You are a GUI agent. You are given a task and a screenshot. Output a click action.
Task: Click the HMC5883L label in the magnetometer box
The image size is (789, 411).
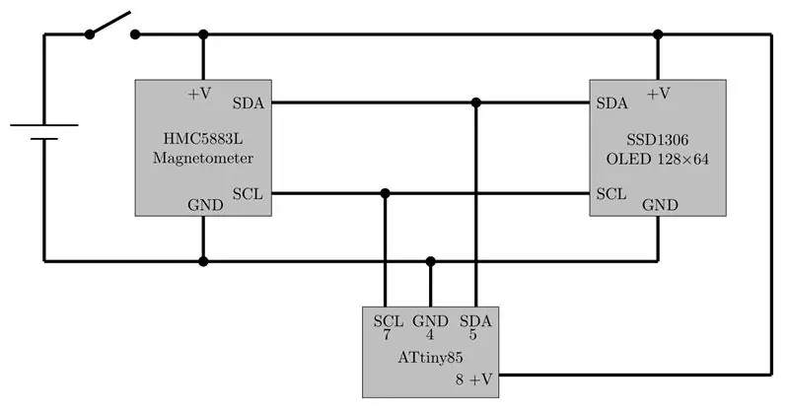[203, 138]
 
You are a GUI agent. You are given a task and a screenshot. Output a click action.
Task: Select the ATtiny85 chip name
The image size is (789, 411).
[430, 358]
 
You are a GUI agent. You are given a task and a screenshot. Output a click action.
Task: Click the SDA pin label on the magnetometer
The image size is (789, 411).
[249, 103]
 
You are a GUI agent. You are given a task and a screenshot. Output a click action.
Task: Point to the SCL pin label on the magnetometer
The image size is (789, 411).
[248, 194]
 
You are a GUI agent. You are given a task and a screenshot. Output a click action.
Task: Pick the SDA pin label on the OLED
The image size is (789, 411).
[611, 103]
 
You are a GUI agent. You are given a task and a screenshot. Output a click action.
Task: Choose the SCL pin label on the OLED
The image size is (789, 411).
[611, 194]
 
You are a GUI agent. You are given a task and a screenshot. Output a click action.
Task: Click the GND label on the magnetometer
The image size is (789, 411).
[205, 205]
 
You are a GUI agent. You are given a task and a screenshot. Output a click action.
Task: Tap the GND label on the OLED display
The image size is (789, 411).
[660, 205]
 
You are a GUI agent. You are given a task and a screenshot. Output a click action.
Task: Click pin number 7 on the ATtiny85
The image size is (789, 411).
[387, 334]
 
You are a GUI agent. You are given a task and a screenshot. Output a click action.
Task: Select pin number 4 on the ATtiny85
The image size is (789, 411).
[430, 334]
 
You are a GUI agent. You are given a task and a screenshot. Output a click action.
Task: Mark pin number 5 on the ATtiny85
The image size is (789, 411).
[473, 334]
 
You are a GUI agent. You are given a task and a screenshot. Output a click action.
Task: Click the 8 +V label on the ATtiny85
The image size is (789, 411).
[474, 379]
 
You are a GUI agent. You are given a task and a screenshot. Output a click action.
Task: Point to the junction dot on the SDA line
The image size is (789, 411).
[476, 103]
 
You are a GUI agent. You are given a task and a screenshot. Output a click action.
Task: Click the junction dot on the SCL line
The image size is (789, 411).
[386, 193]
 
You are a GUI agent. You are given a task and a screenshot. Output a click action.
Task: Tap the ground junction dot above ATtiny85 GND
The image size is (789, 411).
[430, 261]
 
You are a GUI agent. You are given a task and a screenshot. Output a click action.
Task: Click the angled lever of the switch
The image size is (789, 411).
[110, 23]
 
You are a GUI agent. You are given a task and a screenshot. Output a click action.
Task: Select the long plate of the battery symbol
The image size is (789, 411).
[44, 125]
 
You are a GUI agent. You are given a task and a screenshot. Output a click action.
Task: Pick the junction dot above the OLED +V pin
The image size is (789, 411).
[658, 34]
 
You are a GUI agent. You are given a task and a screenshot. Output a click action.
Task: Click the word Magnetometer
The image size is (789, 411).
[203, 158]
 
